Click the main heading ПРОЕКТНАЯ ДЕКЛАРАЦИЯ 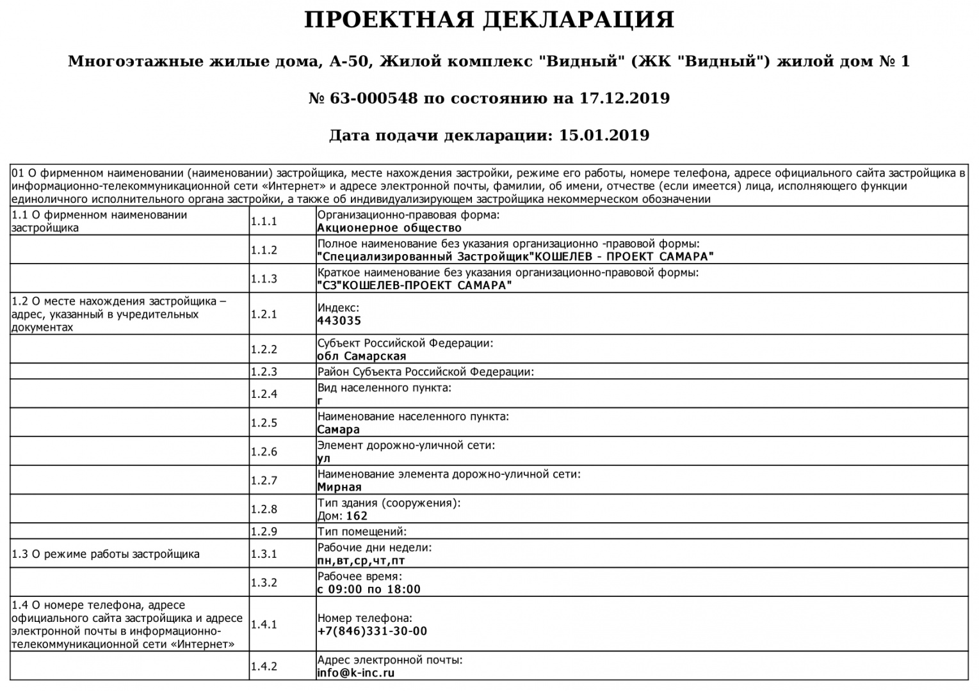point(489,20)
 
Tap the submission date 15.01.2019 point(604,136)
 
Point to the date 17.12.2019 point(624,99)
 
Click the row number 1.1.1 point(264,221)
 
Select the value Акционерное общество point(389,228)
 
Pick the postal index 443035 point(339,321)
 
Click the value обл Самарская point(362,356)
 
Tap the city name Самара point(339,430)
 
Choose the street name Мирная point(339,488)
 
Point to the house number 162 point(357,516)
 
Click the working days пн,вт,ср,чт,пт point(361,561)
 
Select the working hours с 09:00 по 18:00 point(369,590)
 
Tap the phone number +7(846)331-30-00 point(372,631)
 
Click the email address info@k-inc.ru point(356,673)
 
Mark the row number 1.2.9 point(264,532)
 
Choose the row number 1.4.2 point(264,667)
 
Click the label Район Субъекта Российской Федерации point(425,372)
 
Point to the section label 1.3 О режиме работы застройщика point(106,554)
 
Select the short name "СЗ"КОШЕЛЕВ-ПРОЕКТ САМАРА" point(414,286)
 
